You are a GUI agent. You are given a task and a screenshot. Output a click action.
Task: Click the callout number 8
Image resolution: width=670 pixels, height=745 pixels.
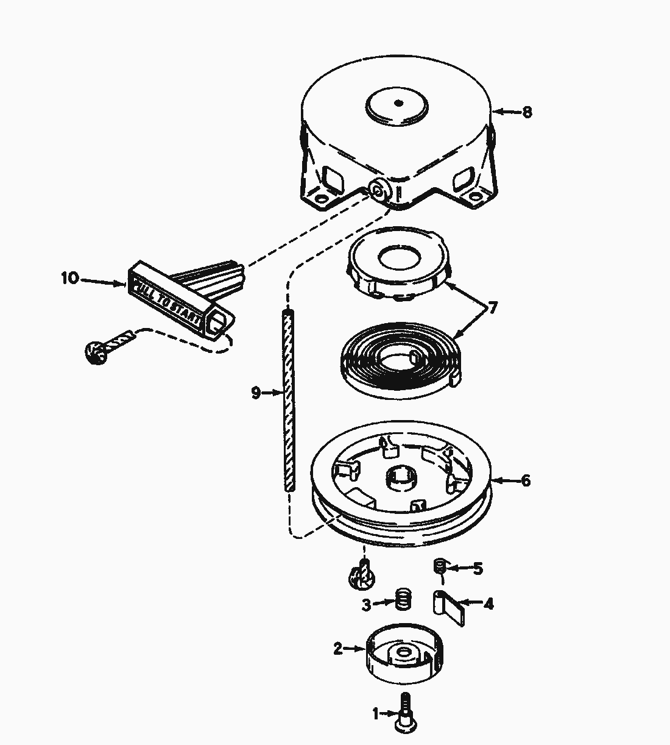tap(527, 112)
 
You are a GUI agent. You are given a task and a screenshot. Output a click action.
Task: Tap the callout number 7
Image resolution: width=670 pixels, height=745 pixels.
tap(492, 308)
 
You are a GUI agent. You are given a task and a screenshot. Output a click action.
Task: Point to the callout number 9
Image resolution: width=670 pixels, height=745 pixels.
tap(256, 393)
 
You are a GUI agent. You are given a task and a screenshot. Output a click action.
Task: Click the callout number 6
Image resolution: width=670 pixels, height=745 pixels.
tap(525, 481)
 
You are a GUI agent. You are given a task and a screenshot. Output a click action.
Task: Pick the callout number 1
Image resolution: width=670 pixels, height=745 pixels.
tap(376, 713)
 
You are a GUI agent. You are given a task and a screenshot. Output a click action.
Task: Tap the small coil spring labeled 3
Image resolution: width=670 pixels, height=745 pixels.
tap(402, 599)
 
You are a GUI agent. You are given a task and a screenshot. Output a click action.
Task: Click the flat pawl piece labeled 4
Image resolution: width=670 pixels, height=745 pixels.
tap(450, 607)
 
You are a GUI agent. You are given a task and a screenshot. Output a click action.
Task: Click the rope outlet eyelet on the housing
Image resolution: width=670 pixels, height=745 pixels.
tap(378, 191)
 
